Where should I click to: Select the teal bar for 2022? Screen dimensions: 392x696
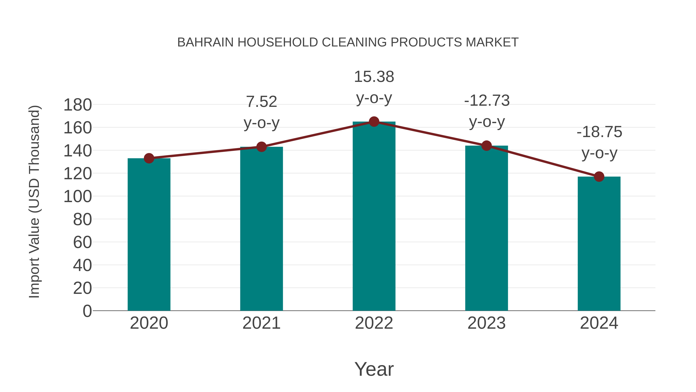(374, 216)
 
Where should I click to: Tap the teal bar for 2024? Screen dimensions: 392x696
(599, 244)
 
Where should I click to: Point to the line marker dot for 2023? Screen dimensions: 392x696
(487, 146)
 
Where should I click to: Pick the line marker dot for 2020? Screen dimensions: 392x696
(149, 158)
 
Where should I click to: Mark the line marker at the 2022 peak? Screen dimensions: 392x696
(374, 122)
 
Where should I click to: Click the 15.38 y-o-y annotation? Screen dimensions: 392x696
(374, 87)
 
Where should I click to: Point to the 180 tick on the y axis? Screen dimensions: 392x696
(78, 105)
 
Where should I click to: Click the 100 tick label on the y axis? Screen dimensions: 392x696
(78, 197)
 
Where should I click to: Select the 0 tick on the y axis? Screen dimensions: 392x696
(87, 311)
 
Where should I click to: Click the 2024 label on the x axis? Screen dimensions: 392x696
(599, 323)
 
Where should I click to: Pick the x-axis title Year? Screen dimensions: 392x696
(374, 369)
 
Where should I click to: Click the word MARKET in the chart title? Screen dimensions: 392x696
(492, 42)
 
